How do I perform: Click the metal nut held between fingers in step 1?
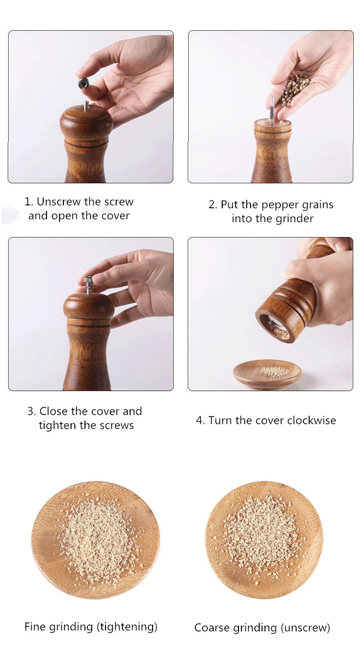[x=85, y=84]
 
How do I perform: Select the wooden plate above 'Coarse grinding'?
[x=264, y=540]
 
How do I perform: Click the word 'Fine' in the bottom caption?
[x=35, y=626]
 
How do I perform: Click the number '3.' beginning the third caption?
[x=32, y=411]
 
